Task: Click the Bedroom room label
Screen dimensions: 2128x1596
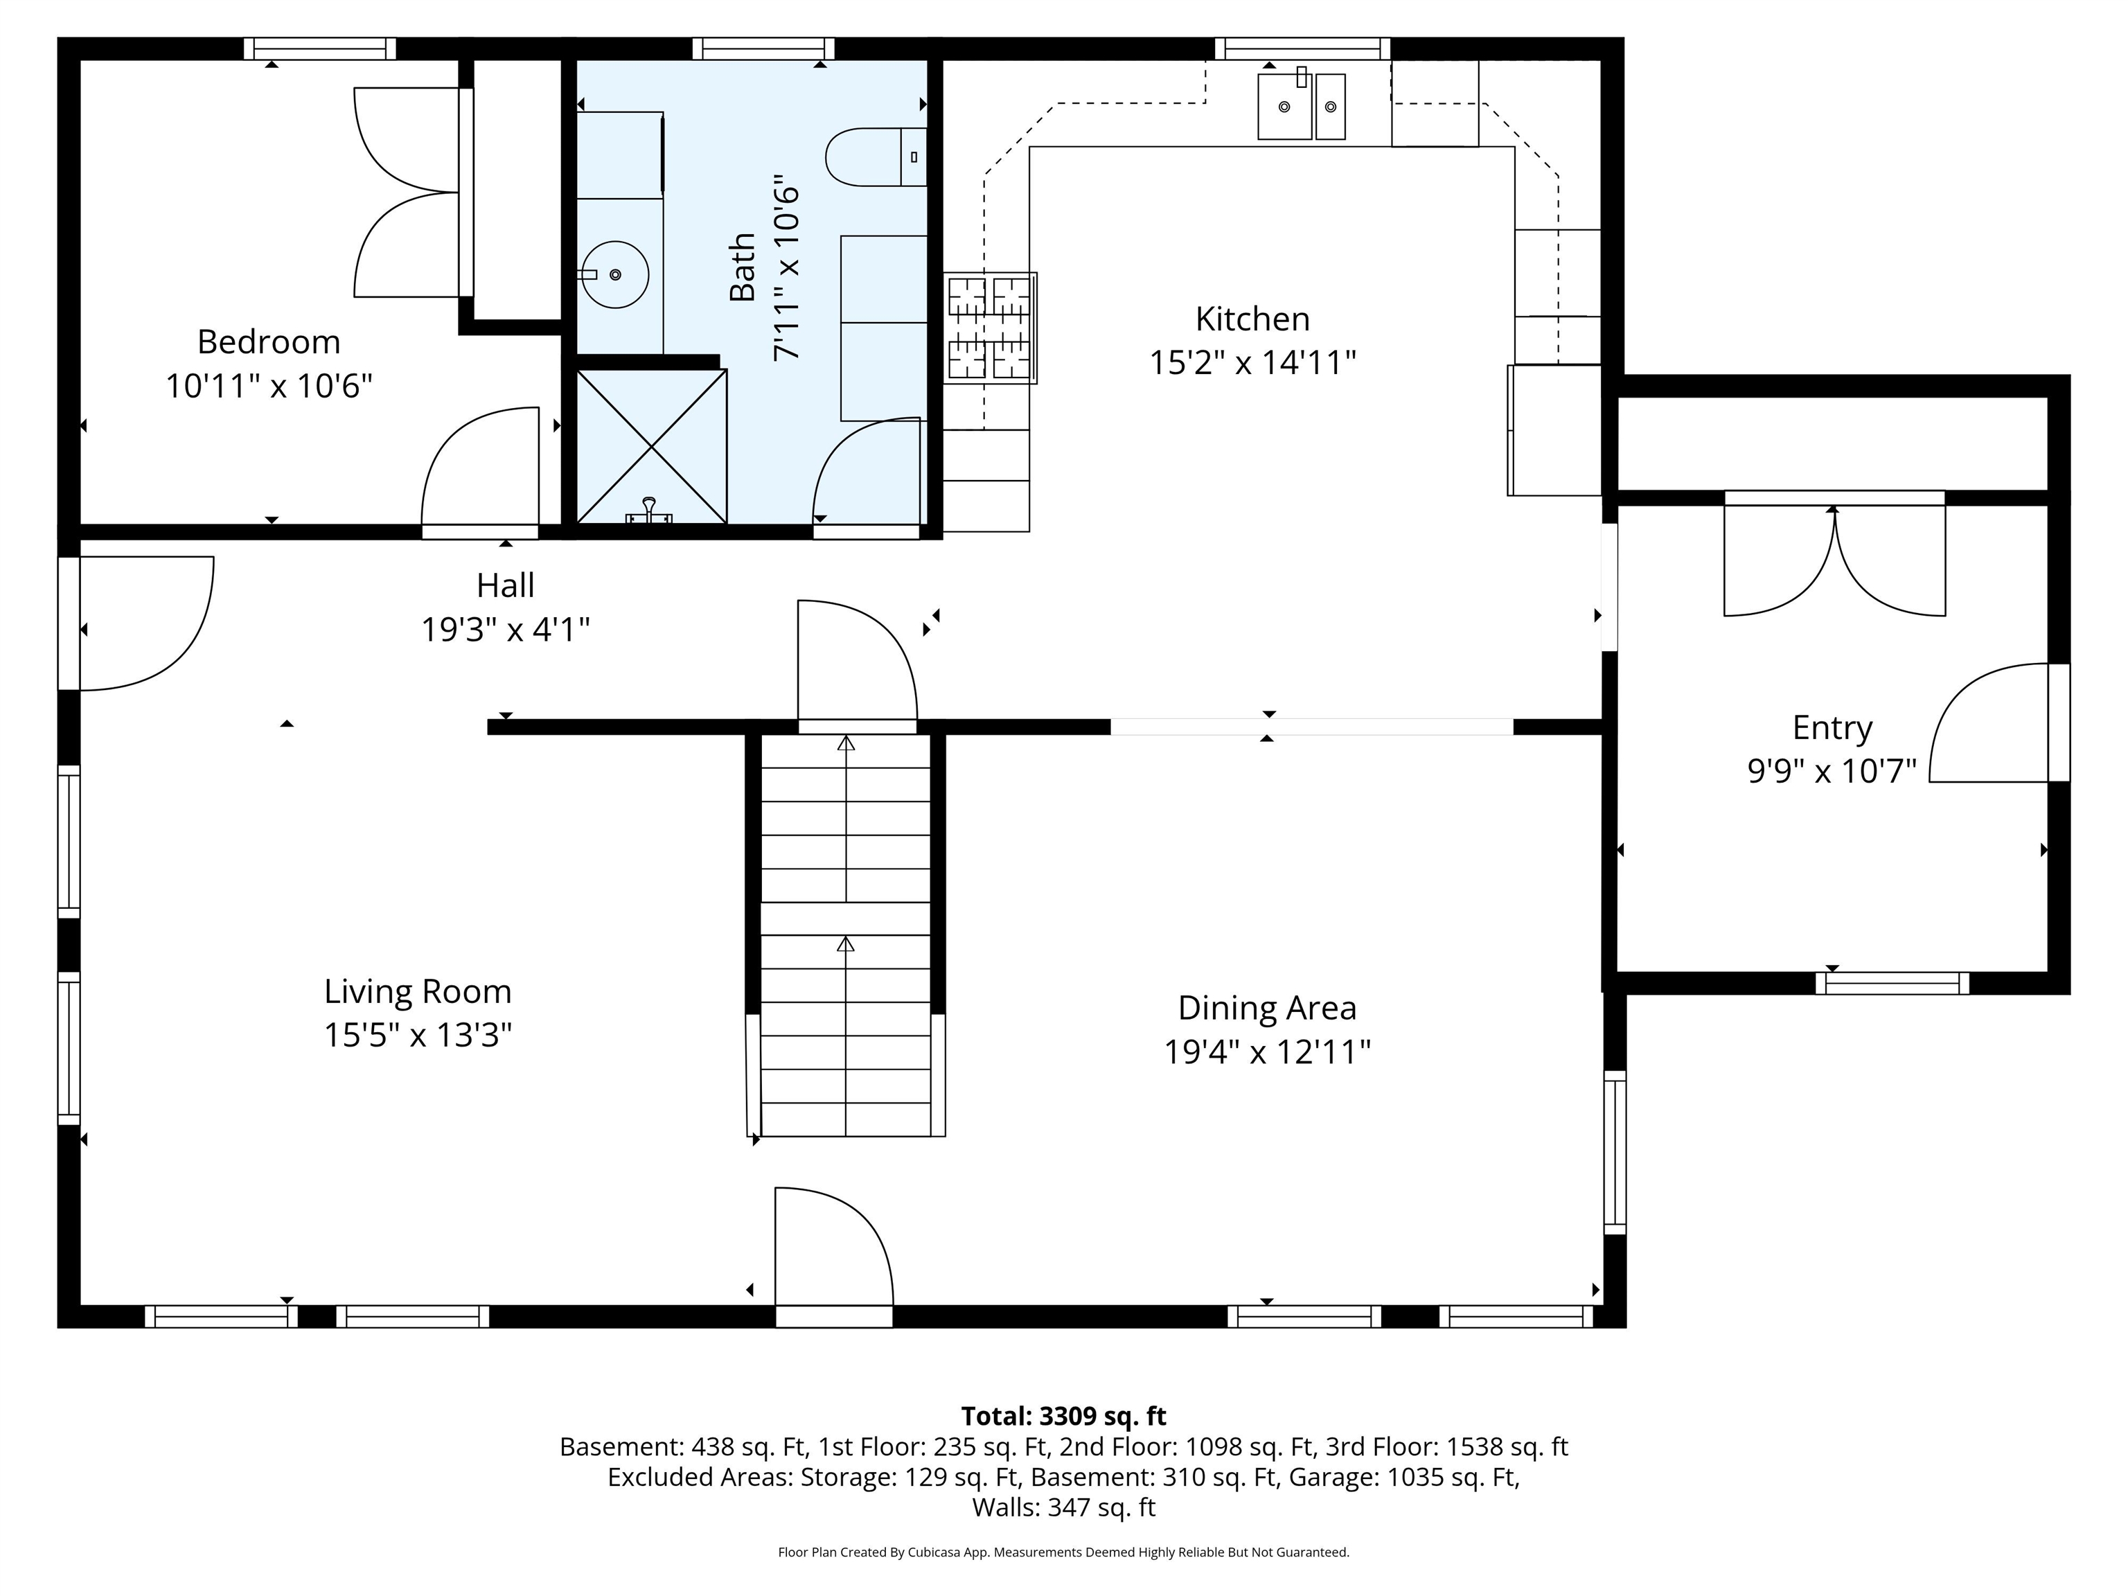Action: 268,342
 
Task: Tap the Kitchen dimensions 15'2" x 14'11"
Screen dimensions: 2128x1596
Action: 1252,363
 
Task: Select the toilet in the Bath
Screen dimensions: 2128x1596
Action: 876,157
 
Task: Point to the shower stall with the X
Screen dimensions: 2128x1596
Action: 651,446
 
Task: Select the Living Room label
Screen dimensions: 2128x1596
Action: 418,991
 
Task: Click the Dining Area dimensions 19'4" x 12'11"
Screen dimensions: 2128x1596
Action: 1267,1052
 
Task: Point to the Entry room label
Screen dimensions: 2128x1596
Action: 1832,728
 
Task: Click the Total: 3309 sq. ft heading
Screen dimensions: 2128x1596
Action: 1063,1416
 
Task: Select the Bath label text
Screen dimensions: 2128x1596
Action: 742,267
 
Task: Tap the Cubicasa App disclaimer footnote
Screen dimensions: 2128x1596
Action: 1063,1552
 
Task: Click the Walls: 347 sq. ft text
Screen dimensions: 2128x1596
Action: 1063,1507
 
